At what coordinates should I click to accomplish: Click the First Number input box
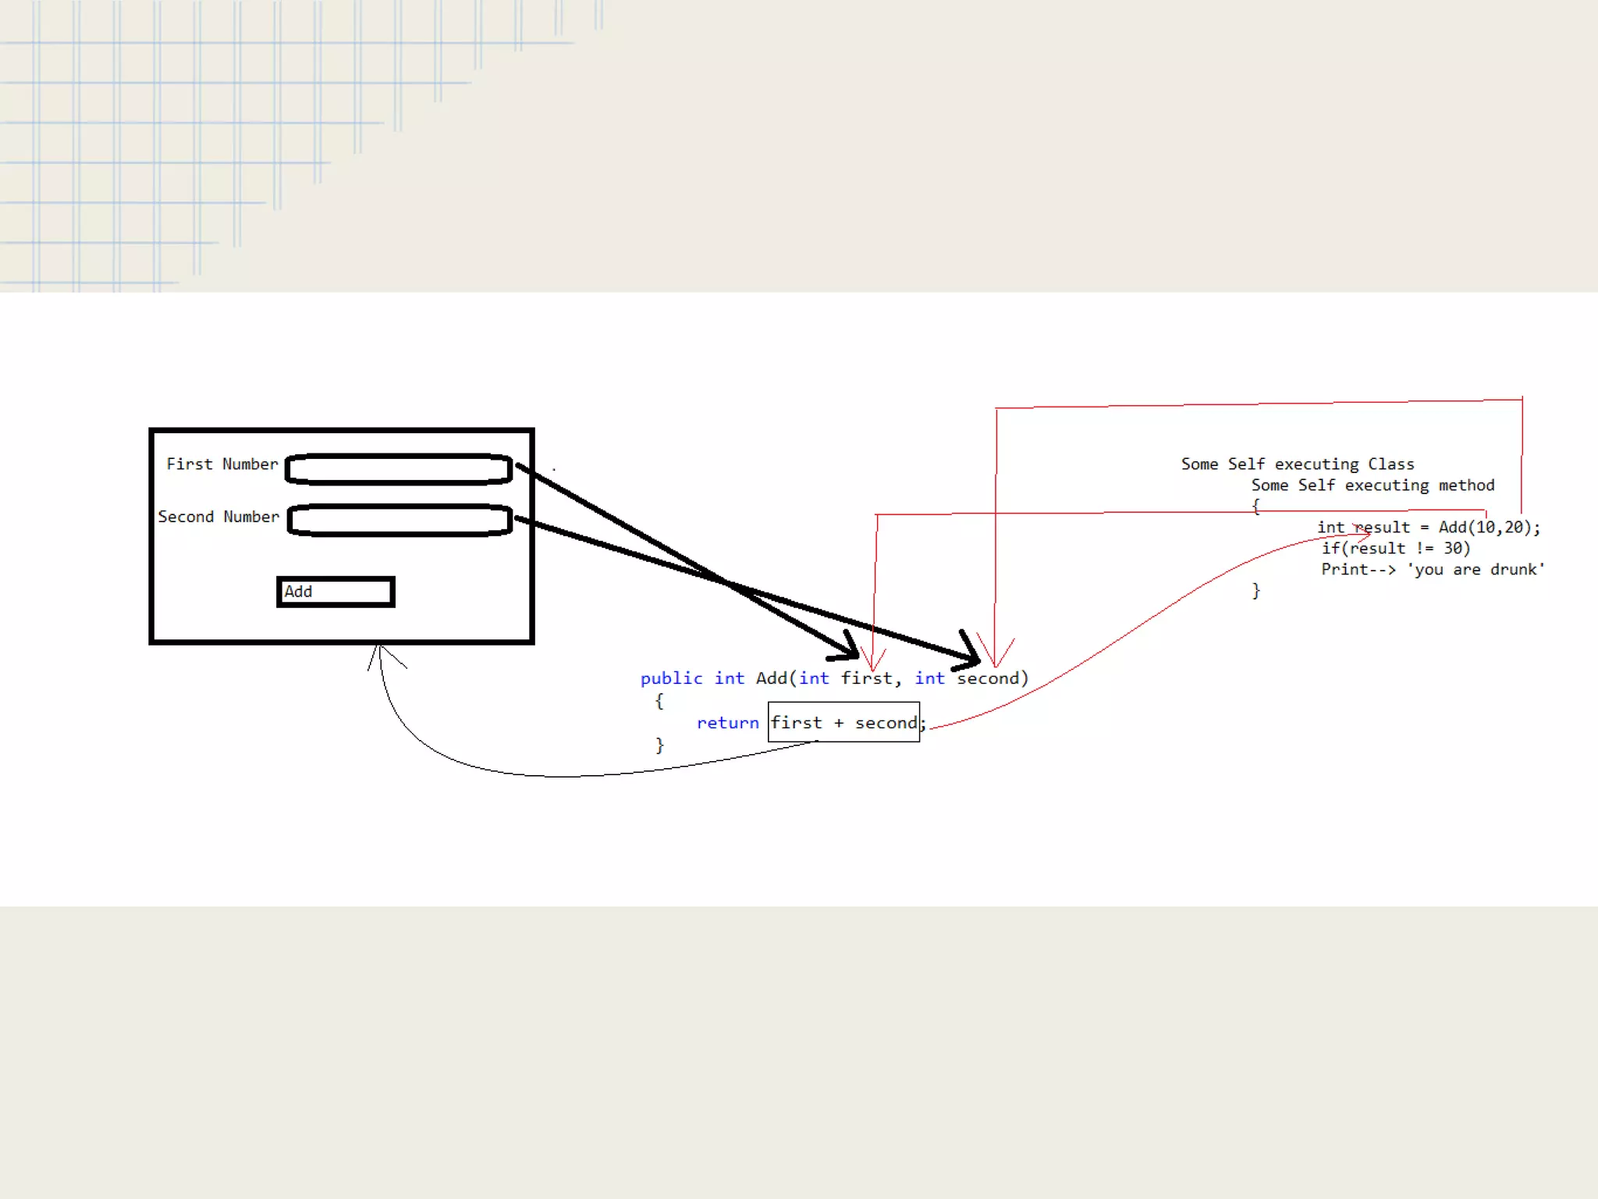(x=399, y=469)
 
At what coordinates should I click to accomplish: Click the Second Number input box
(x=399, y=521)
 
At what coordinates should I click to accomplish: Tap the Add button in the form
(x=336, y=592)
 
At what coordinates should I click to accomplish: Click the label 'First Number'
(x=222, y=464)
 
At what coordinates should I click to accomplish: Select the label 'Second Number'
(x=218, y=517)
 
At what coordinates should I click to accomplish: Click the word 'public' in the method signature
(x=671, y=678)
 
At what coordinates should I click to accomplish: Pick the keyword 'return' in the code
(x=727, y=723)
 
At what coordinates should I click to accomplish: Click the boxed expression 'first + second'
(x=843, y=723)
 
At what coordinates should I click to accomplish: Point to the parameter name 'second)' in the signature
(x=992, y=678)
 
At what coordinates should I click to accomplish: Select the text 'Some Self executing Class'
(x=1297, y=464)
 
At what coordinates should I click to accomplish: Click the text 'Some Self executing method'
(x=1373, y=486)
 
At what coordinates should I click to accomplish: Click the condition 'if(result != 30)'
(x=1395, y=549)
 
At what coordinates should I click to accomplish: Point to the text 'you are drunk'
(x=1475, y=570)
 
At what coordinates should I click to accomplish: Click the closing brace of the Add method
(x=659, y=745)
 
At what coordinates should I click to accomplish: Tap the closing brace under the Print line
(x=1255, y=591)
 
